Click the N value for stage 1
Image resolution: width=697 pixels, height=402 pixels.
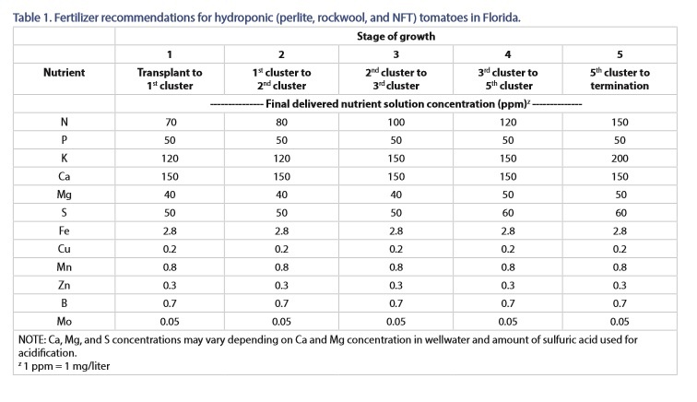click(170, 123)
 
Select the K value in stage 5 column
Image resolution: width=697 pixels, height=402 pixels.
click(620, 159)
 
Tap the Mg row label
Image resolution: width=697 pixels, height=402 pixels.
click(64, 195)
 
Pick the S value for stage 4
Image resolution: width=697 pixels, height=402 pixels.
click(508, 213)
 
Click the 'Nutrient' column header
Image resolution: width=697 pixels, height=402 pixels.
click(64, 73)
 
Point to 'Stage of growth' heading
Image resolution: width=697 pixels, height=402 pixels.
click(396, 37)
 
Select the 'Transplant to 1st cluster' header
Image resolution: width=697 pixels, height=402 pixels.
click(170, 78)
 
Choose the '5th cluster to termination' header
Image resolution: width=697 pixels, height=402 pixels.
click(620, 78)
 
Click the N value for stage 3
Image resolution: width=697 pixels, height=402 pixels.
click(396, 123)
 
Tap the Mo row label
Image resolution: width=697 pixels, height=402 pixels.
click(64, 321)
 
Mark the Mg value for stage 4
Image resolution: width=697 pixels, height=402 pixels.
click(508, 195)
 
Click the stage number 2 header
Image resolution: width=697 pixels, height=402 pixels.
click(281, 54)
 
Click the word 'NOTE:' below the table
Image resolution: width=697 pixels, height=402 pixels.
click(31, 339)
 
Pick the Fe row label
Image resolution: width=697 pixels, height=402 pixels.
click(64, 231)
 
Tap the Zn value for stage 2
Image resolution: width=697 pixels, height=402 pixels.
click(281, 285)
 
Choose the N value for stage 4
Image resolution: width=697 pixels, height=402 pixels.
click(508, 123)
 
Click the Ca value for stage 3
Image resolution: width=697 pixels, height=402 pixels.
click(396, 176)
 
